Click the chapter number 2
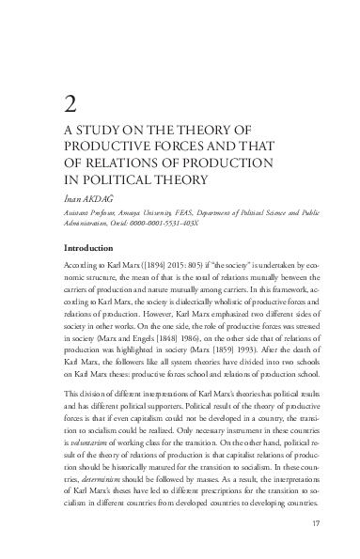pos(69,103)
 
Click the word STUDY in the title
pos(97,130)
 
